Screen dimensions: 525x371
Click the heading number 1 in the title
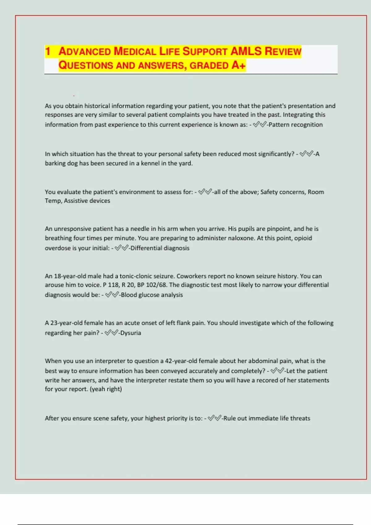coord(48,51)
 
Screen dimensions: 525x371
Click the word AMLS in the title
coord(246,51)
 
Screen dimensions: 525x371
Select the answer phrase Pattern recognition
coord(296,125)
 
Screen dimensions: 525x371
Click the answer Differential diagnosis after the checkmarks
coord(160,248)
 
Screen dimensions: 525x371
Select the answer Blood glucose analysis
coord(152,295)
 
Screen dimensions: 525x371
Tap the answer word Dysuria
coord(131,333)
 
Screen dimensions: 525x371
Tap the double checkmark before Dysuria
coord(111,333)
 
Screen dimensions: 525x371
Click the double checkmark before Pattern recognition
coord(259,125)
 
